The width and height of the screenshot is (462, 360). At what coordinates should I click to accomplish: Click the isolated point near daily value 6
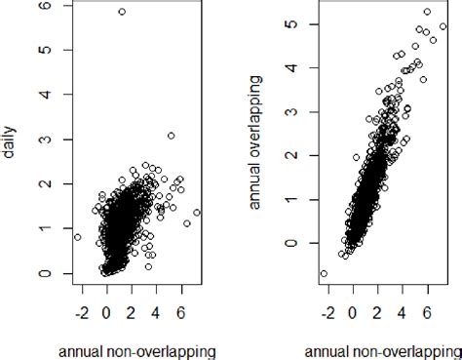point(122,12)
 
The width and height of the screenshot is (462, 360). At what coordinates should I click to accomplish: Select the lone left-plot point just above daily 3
point(171,136)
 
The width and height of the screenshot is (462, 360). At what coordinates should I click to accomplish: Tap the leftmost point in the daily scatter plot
point(78,237)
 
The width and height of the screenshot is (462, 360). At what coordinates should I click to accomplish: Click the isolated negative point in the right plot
point(324,274)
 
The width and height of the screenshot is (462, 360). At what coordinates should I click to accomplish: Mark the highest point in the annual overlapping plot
point(427,12)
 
